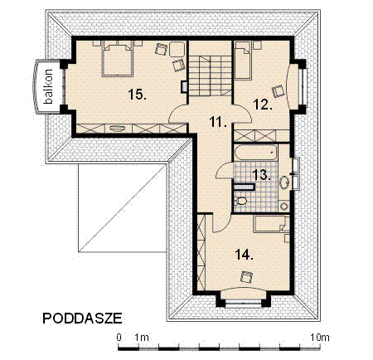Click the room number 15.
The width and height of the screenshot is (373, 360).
tap(138, 94)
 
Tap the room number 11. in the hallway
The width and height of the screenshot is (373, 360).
tap(217, 122)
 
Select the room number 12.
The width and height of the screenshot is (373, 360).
tap(262, 105)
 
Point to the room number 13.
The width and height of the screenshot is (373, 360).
tap(260, 174)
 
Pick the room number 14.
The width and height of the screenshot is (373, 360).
tap(245, 253)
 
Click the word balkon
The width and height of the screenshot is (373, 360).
tap(49, 87)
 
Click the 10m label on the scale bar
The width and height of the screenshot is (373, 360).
tap(319, 337)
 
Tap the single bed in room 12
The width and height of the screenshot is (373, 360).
tap(244, 57)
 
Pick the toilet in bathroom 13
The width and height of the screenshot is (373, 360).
tap(241, 199)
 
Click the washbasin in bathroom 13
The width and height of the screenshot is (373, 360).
tap(284, 181)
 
